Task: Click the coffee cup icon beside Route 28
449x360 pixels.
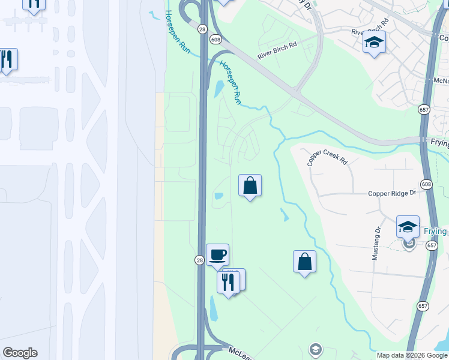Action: (x=217, y=254)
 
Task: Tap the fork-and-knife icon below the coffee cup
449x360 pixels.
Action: (x=228, y=281)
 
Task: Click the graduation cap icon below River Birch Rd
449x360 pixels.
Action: (x=374, y=42)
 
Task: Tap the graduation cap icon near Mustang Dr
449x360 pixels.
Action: (x=408, y=227)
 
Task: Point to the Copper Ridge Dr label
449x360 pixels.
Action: (x=392, y=193)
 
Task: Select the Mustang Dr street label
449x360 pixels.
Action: (x=376, y=243)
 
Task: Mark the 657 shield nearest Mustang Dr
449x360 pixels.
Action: (x=432, y=245)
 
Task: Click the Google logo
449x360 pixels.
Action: (x=20, y=353)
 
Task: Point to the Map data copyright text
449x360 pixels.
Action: (x=412, y=355)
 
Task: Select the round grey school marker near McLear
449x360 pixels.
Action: (x=315, y=349)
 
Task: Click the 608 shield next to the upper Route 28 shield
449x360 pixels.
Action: (x=215, y=39)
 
